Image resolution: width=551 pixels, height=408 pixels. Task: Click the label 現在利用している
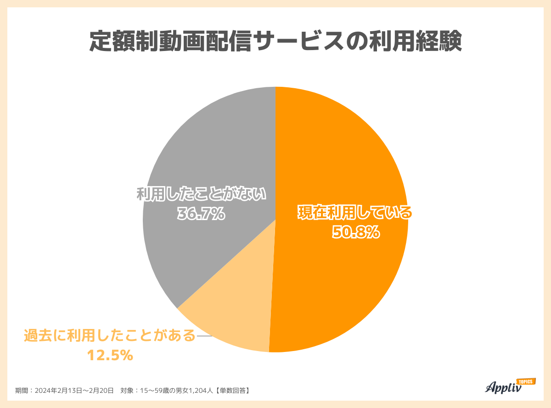pyautogui.click(x=355, y=214)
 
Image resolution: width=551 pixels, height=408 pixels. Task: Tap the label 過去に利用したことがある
pyautogui.click(x=110, y=336)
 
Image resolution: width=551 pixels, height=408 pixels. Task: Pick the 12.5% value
pyautogui.click(x=110, y=355)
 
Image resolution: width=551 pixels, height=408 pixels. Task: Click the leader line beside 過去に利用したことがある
pyautogui.click(x=204, y=336)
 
